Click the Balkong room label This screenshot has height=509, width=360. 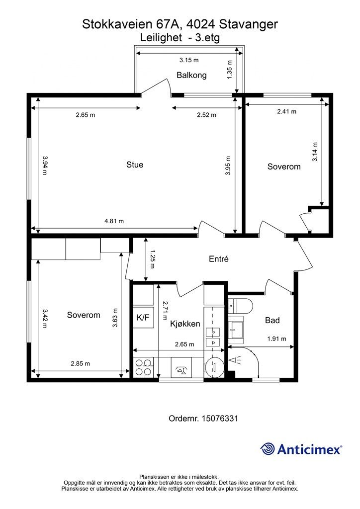click(191, 76)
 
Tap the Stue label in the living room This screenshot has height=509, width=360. click(135, 165)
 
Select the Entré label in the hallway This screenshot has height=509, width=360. click(218, 258)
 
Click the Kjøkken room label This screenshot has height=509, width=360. click(185, 324)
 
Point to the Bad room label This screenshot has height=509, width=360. click(272, 321)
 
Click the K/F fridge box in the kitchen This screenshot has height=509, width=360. click(143, 317)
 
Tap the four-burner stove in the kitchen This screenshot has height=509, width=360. click(143, 367)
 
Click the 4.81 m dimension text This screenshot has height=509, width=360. click(114, 221)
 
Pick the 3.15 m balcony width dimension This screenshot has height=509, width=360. click(189, 60)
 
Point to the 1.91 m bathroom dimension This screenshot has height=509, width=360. click(276, 339)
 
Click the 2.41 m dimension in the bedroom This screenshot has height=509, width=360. click(286, 112)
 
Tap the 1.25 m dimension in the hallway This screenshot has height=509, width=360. click(153, 259)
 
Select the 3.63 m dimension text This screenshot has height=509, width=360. click(114, 318)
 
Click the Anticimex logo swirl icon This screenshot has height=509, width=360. click(268, 449)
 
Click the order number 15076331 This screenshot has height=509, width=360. click(220, 419)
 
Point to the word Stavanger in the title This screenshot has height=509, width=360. click(249, 24)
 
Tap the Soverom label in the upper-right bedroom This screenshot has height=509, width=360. click(284, 167)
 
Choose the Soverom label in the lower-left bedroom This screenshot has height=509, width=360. click(84, 315)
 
